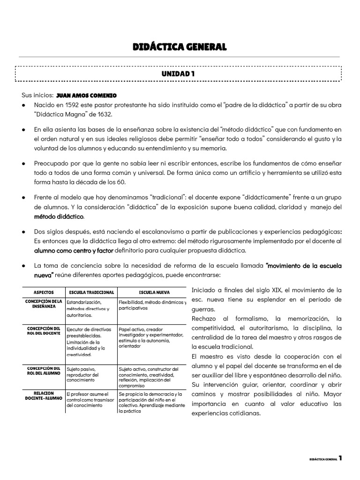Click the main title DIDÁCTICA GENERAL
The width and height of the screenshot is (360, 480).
pyautogui.click(x=180, y=47)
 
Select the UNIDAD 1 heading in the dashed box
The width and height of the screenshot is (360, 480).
pyautogui.click(x=178, y=74)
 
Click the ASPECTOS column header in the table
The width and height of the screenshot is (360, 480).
pyautogui.click(x=43, y=291)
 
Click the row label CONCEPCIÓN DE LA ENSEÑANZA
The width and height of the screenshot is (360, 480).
pyautogui.click(x=43, y=303)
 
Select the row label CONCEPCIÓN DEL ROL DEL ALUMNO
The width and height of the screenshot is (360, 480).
pyautogui.click(x=43, y=371)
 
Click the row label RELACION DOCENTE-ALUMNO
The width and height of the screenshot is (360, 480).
pyautogui.click(x=43, y=397)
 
